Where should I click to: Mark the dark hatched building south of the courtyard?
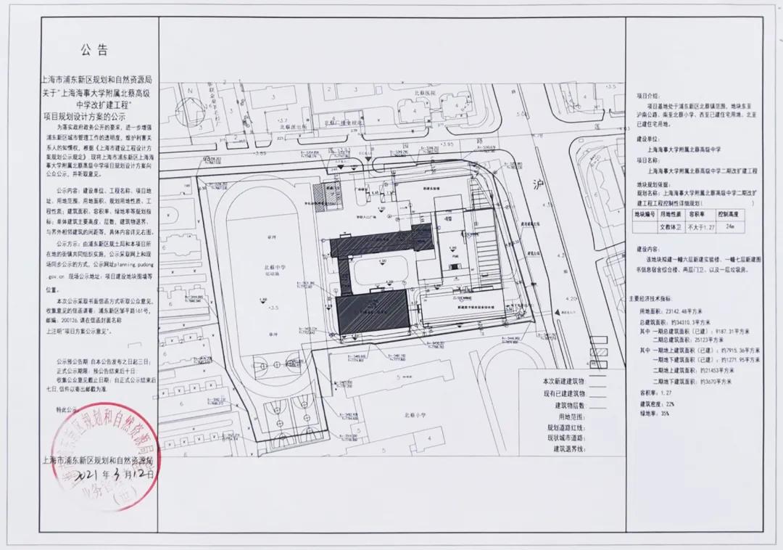[374, 312]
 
